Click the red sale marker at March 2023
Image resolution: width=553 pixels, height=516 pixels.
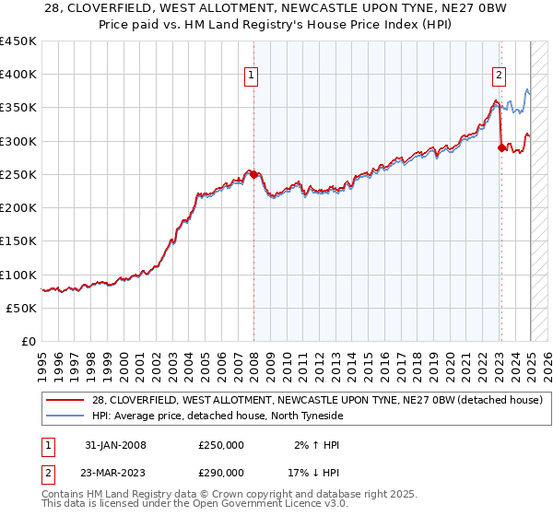coord(501,147)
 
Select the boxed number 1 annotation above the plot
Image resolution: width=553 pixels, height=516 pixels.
coord(251,77)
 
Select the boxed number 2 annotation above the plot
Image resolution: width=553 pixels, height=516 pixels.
coord(499,77)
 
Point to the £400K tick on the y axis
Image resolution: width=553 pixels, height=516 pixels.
coord(19,75)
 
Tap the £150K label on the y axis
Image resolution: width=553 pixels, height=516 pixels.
coord(19,241)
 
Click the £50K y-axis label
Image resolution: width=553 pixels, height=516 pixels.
coord(23,308)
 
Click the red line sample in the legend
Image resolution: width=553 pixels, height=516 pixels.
coord(67,400)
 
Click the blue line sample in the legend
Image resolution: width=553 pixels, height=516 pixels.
coord(67,416)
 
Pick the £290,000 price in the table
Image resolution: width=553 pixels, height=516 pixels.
coord(220,475)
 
